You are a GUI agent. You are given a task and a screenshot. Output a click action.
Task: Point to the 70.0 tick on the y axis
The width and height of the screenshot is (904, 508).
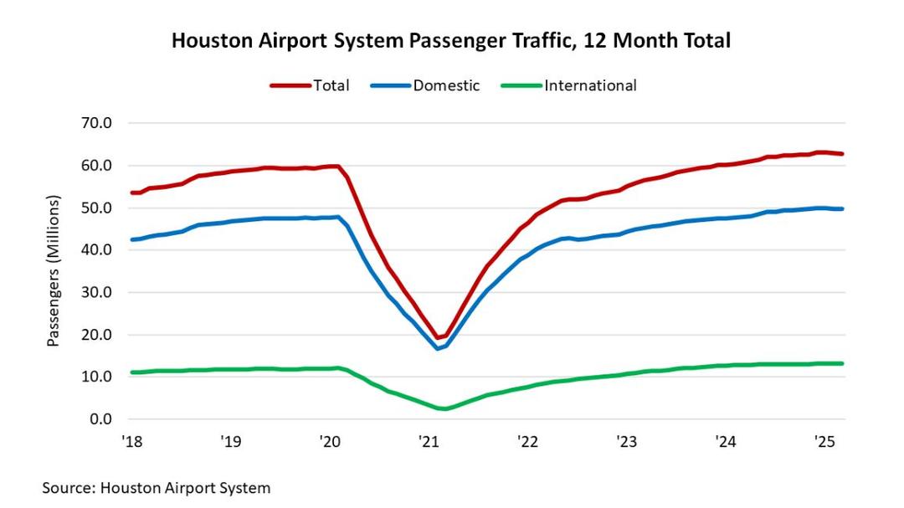tap(96, 123)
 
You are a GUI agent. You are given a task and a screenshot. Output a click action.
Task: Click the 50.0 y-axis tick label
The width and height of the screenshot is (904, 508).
tap(96, 208)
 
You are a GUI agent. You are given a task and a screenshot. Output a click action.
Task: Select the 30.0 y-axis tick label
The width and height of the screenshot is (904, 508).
tap(96, 292)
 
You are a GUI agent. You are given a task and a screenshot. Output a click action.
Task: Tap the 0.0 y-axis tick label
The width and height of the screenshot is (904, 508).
tap(100, 419)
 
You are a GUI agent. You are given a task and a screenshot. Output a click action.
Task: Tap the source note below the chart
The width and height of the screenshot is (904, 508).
tap(157, 487)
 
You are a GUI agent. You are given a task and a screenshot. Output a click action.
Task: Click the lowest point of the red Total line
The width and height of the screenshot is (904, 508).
tap(437, 338)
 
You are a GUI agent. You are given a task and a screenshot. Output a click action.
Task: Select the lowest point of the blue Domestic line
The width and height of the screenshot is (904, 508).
tap(438, 348)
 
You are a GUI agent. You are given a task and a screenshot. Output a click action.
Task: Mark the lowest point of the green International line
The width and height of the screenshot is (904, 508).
tap(444, 409)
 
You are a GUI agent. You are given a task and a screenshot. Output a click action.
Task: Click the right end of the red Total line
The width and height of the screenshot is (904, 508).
tap(842, 154)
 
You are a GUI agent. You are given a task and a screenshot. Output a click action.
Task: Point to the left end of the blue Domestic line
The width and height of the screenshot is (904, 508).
tap(131, 239)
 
